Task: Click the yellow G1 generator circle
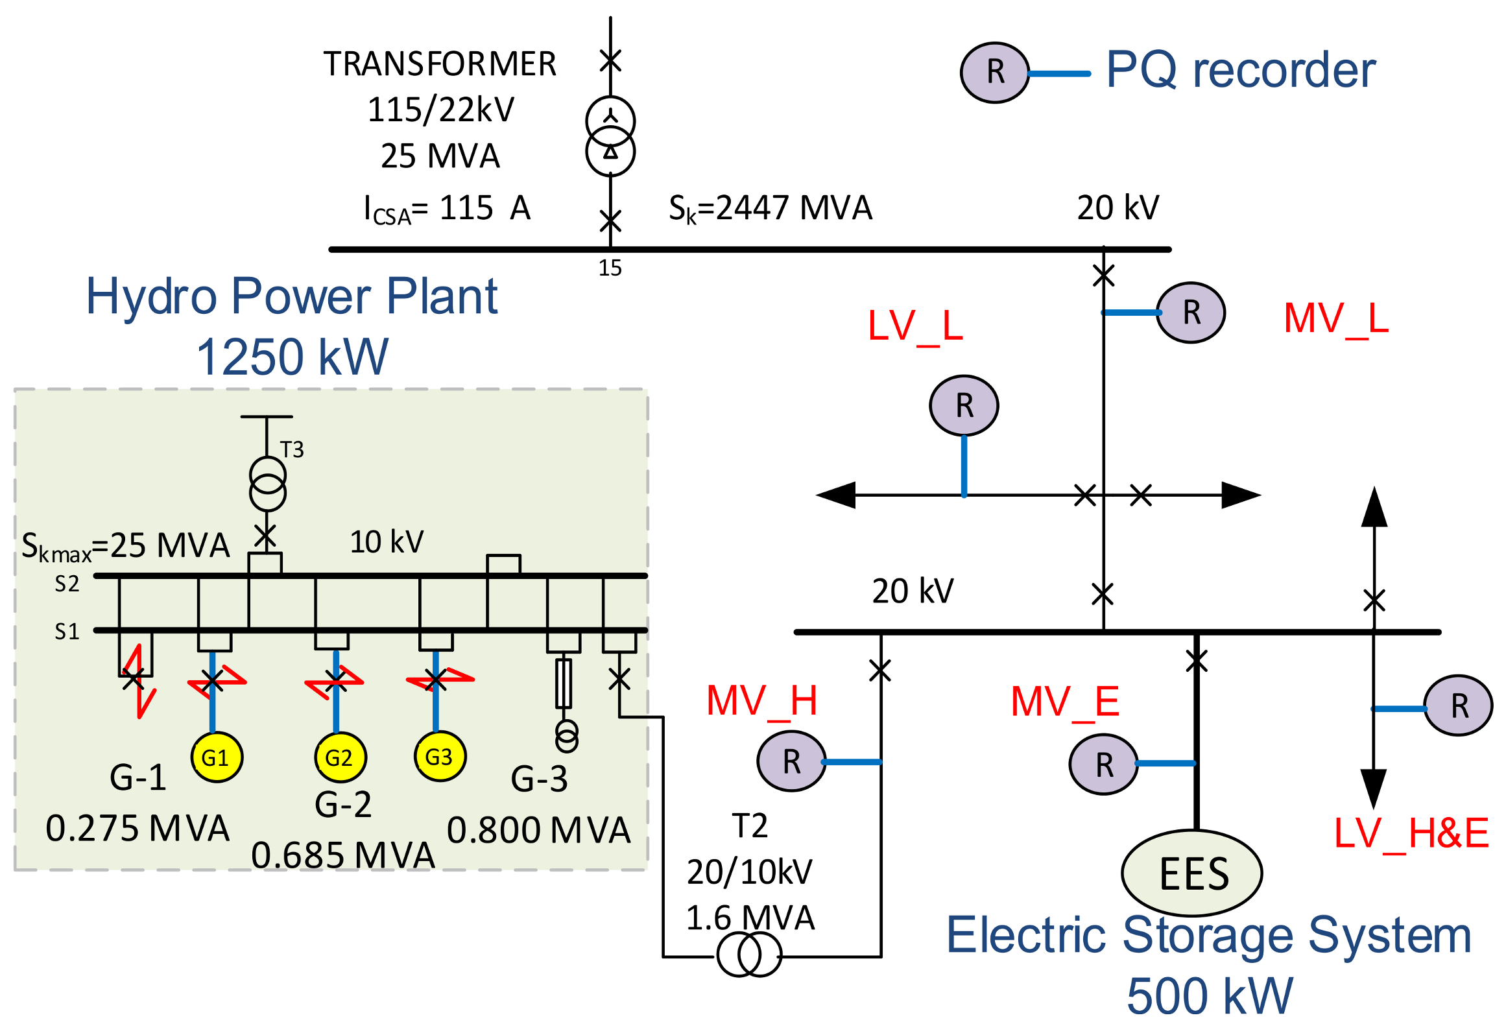coord(217,757)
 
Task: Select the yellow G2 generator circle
coord(341,757)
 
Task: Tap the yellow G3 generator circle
coord(440,756)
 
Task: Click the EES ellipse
coord(1191,873)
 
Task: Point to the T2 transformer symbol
coord(749,955)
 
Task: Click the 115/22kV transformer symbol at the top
coord(610,136)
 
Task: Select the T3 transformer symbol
coord(267,484)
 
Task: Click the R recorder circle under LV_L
coord(964,406)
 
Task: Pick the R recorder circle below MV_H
coord(791,761)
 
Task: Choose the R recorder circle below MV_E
coord(1103,765)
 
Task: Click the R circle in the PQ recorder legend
coord(994,73)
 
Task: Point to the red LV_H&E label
coord(1411,833)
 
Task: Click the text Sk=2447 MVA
coord(770,209)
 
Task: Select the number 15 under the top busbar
coord(610,268)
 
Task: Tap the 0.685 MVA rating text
coord(342,855)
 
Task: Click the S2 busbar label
coord(67,584)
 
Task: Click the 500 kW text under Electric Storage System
coord(1210,996)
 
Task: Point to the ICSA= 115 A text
coord(447,209)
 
